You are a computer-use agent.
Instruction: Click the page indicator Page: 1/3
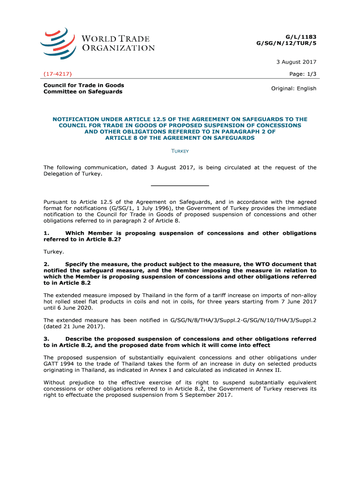[303, 74]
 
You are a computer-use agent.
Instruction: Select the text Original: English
[294, 88]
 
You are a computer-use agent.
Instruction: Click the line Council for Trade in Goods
[84, 85]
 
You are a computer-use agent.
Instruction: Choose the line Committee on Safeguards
[83, 92]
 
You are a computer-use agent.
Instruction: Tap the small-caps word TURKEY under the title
[180, 151]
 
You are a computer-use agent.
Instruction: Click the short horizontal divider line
[180, 186]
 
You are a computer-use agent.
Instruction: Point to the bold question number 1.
[46, 233]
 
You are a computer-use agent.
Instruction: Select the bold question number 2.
[46, 264]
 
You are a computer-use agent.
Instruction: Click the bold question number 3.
[46, 339]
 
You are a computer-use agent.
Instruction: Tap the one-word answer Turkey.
[54, 252]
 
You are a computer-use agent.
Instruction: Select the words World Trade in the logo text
[116, 39]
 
